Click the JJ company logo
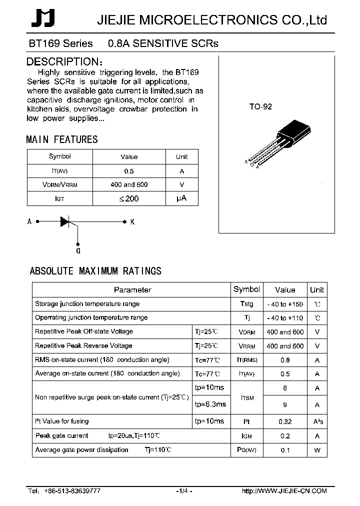click(x=43, y=19)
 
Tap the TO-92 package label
click(x=260, y=106)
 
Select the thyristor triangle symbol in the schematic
click(x=65, y=221)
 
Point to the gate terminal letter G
click(x=78, y=250)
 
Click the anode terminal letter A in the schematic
click(x=29, y=221)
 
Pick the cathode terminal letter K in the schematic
click(x=132, y=221)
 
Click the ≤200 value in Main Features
click(x=128, y=198)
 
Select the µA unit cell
click(x=181, y=198)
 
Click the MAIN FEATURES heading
click(x=62, y=140)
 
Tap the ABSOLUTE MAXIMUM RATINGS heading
click(x=95, y=271)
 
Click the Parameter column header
click(x=132, y=289)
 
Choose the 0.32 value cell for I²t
click(x=285, y=421)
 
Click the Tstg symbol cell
click(x=246, y=304)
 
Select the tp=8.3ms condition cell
click(x=210, y=404)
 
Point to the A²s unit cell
click(x=317, y=421)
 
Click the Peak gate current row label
click(x=61, y=435)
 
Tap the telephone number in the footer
click(x=73, y=491)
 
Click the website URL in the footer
click(x=284, y=491)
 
